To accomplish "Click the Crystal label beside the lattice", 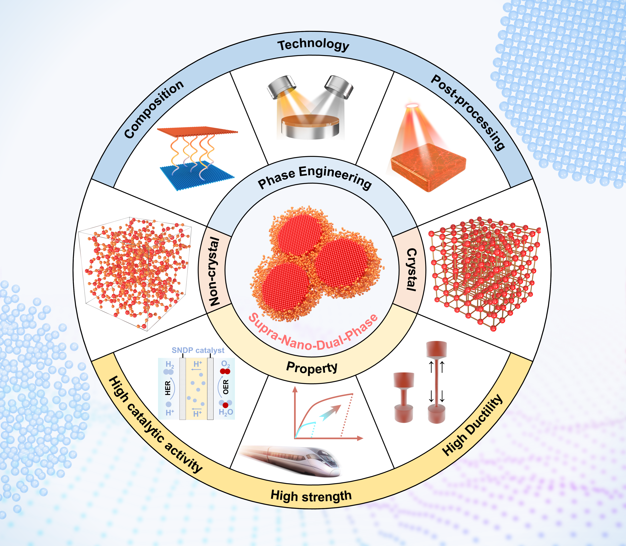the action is click(412, 270).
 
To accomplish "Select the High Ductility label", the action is click(472, 425).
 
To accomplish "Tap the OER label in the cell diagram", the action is click(226, 387).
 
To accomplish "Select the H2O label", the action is click(226, 412).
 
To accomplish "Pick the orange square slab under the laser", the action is click(428, 167).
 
